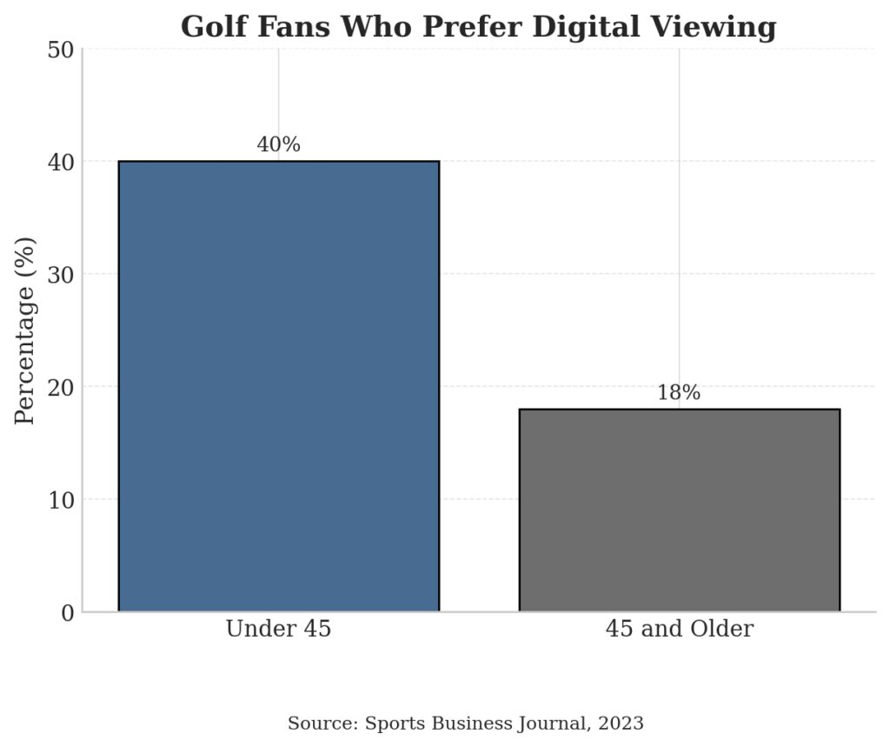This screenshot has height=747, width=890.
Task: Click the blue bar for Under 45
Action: (x=278, y=386)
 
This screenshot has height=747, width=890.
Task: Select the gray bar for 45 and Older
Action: (x=679, y=510)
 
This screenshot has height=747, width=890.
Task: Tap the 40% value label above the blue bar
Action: (x=278, y=145)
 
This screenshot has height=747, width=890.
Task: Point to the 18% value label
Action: (x=679, y=393)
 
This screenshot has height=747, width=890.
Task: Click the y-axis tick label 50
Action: (x=60, y=50)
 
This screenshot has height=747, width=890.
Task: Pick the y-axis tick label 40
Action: (x=60, y=162)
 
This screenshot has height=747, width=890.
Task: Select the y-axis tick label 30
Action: (x=60, y=274)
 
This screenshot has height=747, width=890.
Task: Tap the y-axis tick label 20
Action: (x=60, y=387)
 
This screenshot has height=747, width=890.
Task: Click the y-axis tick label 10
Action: (x=60, y=499)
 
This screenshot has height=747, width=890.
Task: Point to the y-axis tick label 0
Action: (x=67, y=612)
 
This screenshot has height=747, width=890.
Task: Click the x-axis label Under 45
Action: (x=278, y=629)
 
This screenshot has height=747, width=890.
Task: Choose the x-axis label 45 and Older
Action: (x=679, y=629)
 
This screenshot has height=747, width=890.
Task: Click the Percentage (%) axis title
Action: (x=25, y=330)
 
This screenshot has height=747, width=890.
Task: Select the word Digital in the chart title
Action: (x=587, y=27)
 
